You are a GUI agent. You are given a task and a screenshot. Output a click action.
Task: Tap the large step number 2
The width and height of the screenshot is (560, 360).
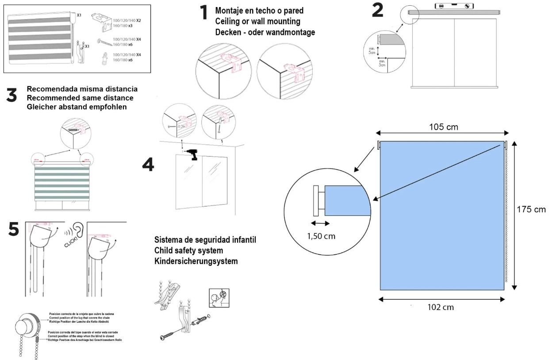point(377,10)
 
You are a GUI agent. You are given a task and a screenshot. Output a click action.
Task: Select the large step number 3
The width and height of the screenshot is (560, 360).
point(12,95)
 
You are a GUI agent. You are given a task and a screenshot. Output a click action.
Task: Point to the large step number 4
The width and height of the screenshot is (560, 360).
point(148,165)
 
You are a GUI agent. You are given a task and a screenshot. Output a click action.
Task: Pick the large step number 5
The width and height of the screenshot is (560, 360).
point(14,229)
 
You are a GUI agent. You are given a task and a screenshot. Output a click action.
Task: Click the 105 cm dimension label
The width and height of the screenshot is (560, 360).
point(443,127)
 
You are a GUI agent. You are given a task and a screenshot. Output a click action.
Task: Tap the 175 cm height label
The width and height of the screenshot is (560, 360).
point(531,209)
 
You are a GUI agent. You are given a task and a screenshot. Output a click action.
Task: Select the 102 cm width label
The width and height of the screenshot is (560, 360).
point(441,307)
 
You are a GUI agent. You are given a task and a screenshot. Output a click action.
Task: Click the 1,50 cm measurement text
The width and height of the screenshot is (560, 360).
point(321,236)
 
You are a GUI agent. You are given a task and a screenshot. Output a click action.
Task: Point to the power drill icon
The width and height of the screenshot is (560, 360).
point(192,154)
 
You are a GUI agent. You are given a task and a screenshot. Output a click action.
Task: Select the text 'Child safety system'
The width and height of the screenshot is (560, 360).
point(188,251)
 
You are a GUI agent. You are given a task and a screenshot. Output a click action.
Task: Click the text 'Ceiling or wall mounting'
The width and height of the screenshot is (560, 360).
point(257,21)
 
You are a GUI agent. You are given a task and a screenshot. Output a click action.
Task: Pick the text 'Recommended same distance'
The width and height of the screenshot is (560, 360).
point(80,98)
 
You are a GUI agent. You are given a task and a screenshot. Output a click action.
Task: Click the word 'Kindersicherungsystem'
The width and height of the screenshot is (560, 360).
point(196,261)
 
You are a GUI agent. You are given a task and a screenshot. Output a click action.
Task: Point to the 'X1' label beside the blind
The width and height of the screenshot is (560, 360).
point(79,15)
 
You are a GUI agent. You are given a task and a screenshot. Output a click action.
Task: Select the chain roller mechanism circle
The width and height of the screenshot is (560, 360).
point(26,326)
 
